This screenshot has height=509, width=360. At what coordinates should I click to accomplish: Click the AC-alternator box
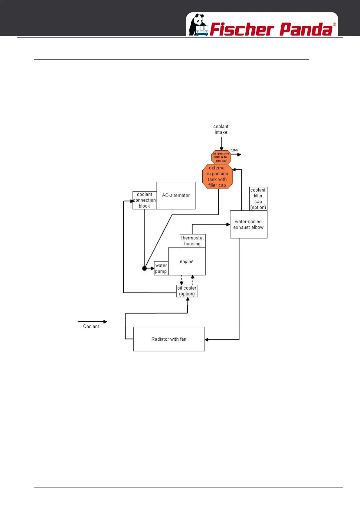(176, 196)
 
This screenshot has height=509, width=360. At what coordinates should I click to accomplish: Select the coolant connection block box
(145, 200)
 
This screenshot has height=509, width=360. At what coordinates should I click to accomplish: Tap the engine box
(187, 261)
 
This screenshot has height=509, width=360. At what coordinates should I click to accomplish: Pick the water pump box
(161, 268)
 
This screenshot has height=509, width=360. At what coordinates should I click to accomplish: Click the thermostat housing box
(192, 241)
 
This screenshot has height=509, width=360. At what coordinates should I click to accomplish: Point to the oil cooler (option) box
(187, 291)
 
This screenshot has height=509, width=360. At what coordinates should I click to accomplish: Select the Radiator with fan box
(169, 339)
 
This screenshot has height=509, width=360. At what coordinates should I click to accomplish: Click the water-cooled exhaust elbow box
(248, 225)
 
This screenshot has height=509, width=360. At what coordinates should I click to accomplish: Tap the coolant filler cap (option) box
(258, 199)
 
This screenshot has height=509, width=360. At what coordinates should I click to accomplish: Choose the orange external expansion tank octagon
(217, 177)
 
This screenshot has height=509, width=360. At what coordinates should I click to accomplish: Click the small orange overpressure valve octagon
(221, 157)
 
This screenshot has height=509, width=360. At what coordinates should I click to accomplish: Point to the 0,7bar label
(234, 150)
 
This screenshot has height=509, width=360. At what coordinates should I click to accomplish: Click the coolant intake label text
(221, 129)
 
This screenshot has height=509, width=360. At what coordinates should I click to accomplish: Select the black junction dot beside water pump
(144, 268)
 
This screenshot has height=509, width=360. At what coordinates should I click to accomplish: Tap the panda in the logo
(198, 25)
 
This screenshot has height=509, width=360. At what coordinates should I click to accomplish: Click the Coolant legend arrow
(92, 322)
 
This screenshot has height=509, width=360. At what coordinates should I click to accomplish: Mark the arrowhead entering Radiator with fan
(207, 340)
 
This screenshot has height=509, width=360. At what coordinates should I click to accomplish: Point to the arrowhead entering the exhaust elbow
(228, 224)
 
